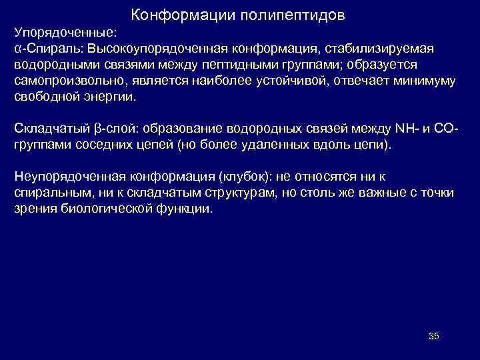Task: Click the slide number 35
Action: coord(433,336)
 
